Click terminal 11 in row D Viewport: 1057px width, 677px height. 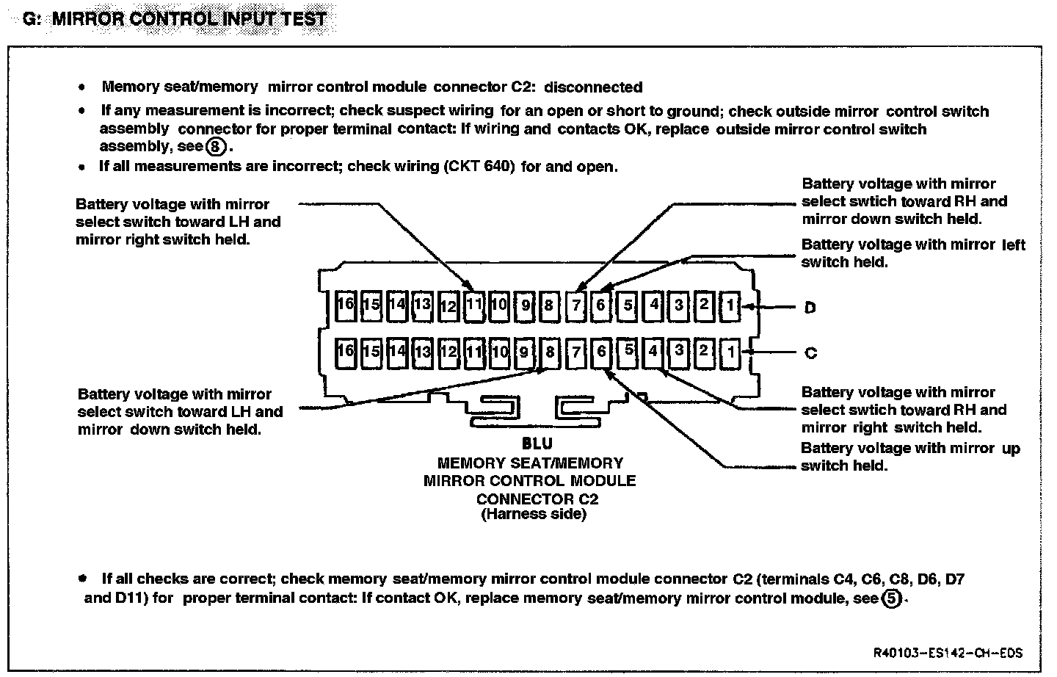(x=474, y=305)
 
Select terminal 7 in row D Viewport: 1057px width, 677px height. (x=576, y=305)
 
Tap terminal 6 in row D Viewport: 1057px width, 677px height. (x=600, y=305)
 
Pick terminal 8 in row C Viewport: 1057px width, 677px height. (x=550, y=352)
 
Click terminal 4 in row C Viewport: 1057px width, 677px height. (x=653, y=351)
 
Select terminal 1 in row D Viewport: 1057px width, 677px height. (x=730, y=305)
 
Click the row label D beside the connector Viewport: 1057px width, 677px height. (x=810, y=308)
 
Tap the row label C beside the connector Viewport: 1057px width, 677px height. (x=810, y=353)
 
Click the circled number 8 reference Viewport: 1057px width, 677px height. (x=215, y=147)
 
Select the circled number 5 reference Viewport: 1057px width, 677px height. (x=890, y=598)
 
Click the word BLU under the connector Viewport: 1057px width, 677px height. (x=537, y=444)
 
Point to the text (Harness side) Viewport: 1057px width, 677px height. (x=534, y=515)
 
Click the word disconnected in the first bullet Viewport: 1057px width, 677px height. (x=593, y=87)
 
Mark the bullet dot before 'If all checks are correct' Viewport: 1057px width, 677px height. (x=82, y=579)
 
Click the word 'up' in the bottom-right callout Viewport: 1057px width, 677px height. (x=1010, y=449)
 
